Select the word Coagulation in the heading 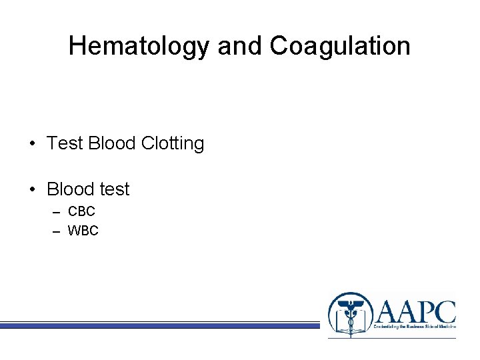tap(340, 46)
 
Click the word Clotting tap(173, 143)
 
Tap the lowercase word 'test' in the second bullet tap(114, 189)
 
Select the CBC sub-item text tap(82, 212)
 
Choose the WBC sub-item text tap(83, 231)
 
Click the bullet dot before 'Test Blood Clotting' tap(33, 144)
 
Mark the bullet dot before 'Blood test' tap(33, 190)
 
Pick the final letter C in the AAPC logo tap(443, 311)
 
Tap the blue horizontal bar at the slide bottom tap(160, 325)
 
